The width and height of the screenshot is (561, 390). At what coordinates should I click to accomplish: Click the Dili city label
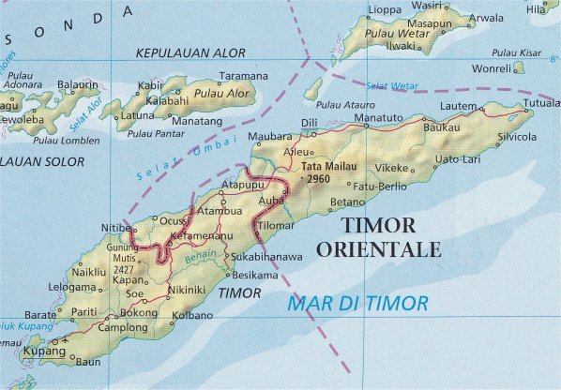tap(310, 124)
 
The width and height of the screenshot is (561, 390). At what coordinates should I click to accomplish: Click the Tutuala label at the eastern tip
tap(541, 103)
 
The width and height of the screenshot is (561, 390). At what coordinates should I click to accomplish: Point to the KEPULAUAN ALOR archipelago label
tap(190, 53)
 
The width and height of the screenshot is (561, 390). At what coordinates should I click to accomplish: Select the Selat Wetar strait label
tap(391, 86)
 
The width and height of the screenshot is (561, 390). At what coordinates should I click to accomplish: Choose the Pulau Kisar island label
tap(517, 52)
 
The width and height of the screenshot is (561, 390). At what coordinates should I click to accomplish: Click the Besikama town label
tap(255, 276)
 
